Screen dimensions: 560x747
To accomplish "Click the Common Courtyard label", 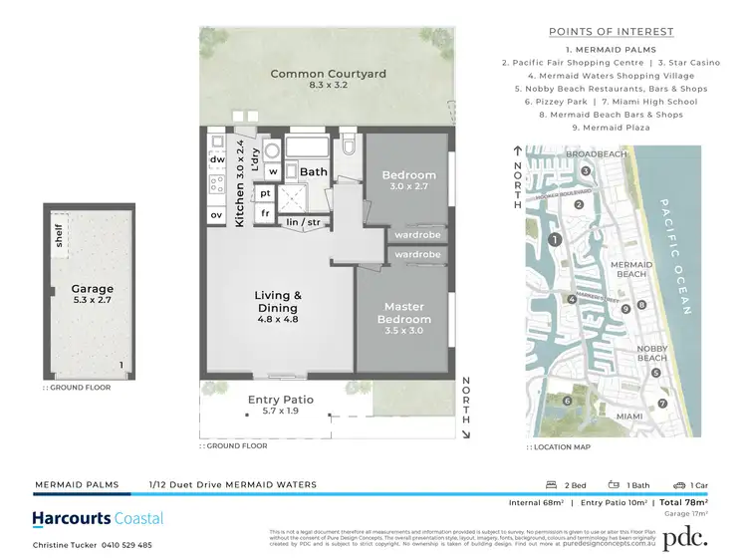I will point(328,74).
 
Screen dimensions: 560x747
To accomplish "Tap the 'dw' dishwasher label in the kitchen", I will point(217,158).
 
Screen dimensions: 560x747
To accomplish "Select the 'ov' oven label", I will point(216,214).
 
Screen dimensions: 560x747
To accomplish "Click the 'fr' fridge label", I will point(265,213).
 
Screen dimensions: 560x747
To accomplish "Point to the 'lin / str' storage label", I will point(304,222).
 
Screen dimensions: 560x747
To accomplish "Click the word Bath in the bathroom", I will point(314,172).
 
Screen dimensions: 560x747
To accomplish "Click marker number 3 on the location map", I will point(588,170).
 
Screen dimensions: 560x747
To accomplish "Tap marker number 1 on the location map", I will point(556,239).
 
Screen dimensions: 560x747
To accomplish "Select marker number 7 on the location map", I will point(661,403).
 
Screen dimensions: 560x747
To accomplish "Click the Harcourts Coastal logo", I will point(98,518).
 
